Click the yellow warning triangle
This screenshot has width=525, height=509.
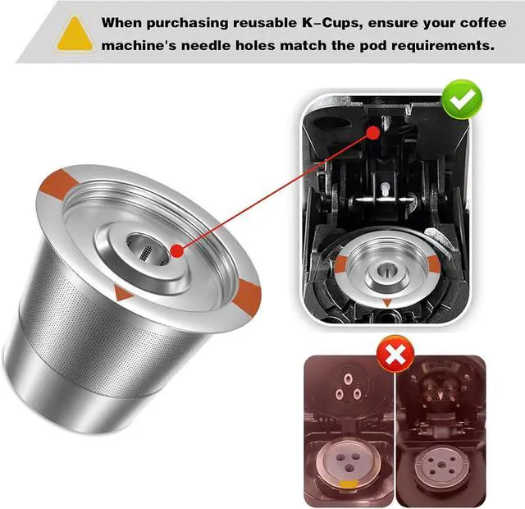75,34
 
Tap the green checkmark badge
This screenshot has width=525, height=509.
462,99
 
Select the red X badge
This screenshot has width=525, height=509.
395,354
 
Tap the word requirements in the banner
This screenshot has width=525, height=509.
443,46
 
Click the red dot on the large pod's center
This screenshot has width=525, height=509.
177,250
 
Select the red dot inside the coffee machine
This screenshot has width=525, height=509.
373,133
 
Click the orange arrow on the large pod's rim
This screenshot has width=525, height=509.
122,293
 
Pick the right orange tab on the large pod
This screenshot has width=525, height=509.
248,298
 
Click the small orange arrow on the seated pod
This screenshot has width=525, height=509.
387,302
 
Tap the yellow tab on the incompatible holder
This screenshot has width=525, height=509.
348,484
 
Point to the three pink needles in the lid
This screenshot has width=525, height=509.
348,387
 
